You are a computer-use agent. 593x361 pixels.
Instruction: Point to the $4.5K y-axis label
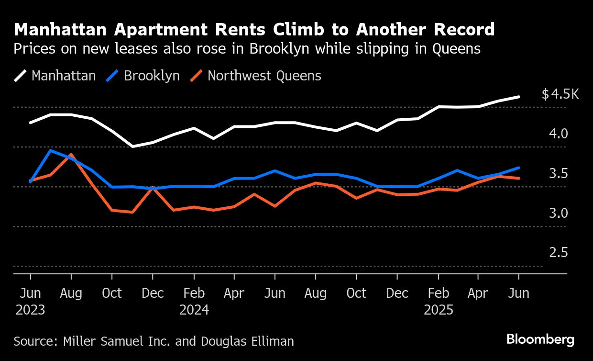click(x=560, y=94)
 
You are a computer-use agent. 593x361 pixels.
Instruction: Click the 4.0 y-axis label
click(x=558, y=134)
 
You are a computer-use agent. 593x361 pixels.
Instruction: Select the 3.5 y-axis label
click(x=558, y=173)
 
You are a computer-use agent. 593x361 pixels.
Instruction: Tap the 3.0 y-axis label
click(x=558, y=213)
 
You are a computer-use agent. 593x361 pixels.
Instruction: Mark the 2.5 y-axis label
click(x=558, y=253)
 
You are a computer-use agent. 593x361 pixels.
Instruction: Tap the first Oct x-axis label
click(x=112, y=293)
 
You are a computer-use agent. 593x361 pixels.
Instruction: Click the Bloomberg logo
click(x=540, y=340)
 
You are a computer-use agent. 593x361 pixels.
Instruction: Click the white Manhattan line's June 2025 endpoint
click(x=519, y=97)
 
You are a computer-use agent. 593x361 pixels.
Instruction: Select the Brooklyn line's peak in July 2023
click(x=51, y=150)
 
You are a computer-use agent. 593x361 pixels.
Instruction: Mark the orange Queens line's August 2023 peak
click(x=71, y=155)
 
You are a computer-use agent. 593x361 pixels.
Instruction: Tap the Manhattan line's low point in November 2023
click(x=132, y=146)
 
